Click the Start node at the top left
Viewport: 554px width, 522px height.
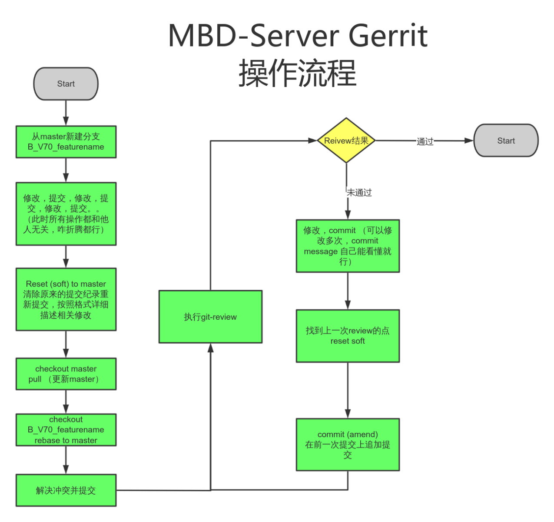[66, 84]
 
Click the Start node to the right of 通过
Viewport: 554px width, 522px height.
[506, 141]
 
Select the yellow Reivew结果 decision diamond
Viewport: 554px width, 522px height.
[346, 141]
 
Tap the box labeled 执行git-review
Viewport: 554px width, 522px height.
[210, 317]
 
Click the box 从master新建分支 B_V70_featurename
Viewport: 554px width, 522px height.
[66, 142]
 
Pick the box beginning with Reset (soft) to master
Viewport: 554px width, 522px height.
[66, 299]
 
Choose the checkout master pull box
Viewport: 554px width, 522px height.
[66, 374]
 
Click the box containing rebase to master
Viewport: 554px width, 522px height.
[66, 430]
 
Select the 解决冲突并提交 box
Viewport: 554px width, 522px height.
[66, 490]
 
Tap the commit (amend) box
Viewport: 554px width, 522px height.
[348, 445]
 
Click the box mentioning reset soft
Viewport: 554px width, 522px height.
[348, 336]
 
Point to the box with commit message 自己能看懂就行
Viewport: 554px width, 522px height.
[348, 246]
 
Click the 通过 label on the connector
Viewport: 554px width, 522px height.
[425, 141]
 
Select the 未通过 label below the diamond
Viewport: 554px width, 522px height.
[359, 193]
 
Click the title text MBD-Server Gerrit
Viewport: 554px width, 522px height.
[298, 36]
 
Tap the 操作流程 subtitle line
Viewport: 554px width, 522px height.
[298, 73]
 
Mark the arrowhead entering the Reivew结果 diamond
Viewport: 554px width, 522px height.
[313, 141]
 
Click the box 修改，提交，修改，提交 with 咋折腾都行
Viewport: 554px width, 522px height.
[66, 214]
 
